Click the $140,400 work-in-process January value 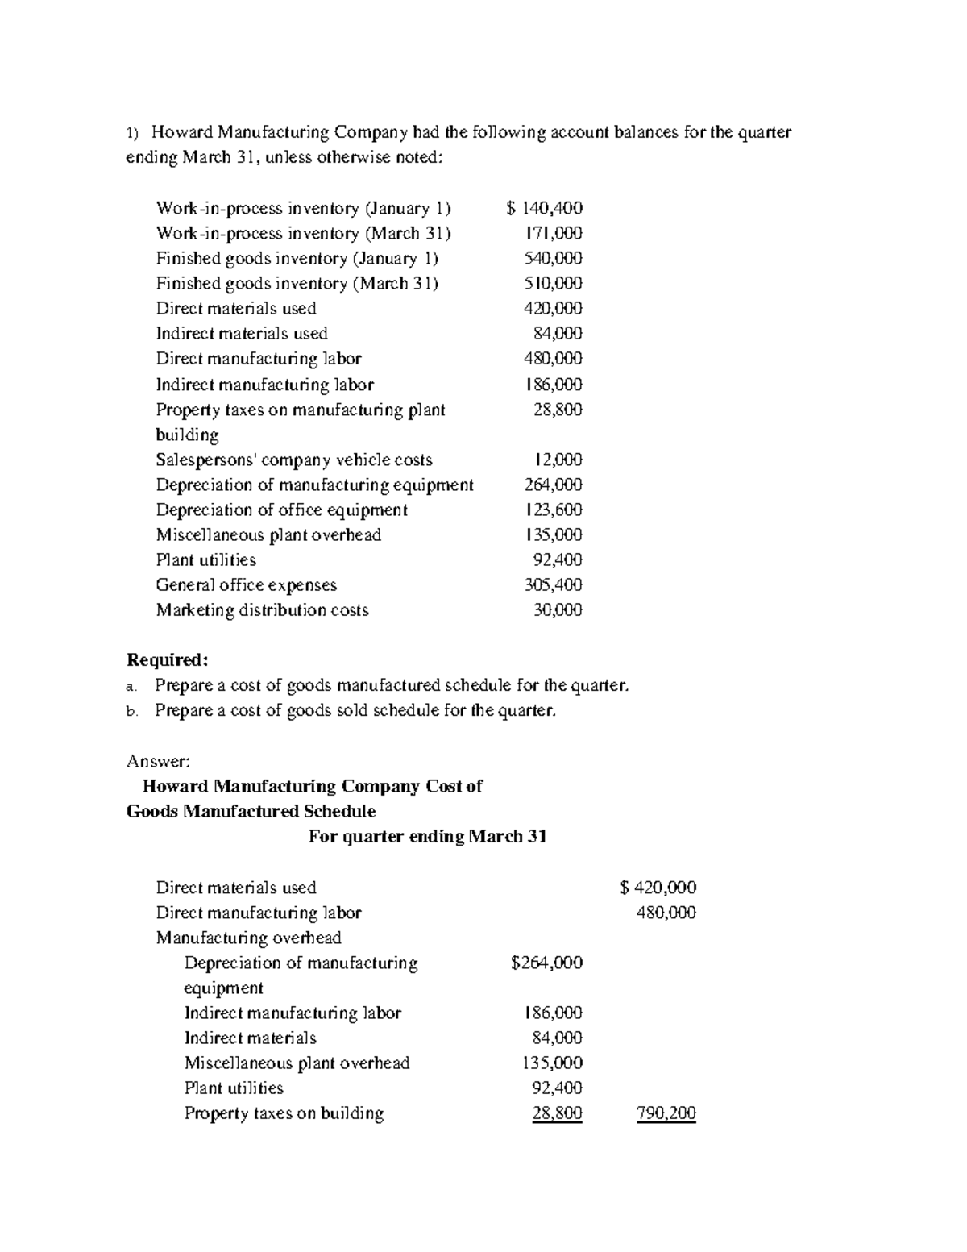click(545, 209)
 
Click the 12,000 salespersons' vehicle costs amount click(558, 460)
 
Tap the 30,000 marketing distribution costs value click(558, 610)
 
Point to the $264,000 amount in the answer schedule click(546, 963)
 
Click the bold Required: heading click(168, 660)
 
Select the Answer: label click(159, 761)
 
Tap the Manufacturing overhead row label click(248, 938)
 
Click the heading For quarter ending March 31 click(428, 837)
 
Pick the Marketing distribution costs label click(262, 610)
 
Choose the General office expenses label click(246, 585)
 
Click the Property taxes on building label click(284, 1114)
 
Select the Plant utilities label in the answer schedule click(234, 1088)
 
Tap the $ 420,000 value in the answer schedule click(658, 888)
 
